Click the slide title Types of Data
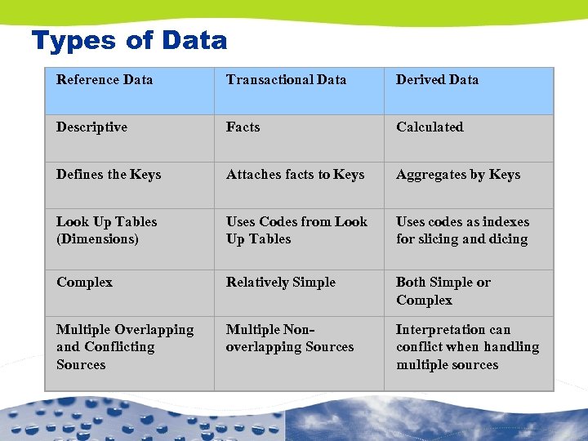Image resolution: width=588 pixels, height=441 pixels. coord(129,40)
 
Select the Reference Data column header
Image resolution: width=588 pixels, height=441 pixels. coord(105,80)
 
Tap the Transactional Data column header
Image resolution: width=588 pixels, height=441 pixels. coord(286,80)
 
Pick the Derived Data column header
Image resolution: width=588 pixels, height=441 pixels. coord(437,80)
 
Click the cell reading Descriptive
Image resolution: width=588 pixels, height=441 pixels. coord(91,127)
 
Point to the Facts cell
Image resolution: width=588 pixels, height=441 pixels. coord(243,127)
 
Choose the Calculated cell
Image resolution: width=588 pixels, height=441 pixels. coord(430,127)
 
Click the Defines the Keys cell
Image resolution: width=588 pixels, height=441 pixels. coord(109,175)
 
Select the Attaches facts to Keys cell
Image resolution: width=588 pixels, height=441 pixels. coord(295,175)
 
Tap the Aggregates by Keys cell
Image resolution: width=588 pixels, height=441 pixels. coord(458,175)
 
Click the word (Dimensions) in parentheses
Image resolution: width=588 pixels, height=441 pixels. coord(97,239)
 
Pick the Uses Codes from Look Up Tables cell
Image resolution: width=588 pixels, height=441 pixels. coord(296,230)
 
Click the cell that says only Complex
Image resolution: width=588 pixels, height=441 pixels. coord(84,283)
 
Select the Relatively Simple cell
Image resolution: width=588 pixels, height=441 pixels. coord(280,283)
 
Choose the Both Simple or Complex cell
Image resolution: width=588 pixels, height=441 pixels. coord(443,292)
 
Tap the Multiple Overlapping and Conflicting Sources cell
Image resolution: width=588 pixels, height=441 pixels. coord(124,347)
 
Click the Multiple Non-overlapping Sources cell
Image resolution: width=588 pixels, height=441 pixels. coord(289,339)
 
